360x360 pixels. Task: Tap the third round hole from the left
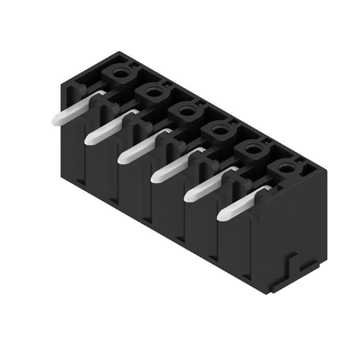click(x=186, y=110)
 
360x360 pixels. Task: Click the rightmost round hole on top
click(x=285, y=168)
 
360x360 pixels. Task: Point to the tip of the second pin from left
click(x=88, y=140)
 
